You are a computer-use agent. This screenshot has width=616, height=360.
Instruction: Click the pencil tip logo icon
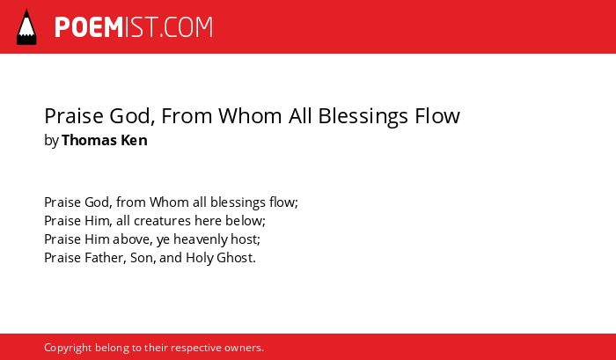click(x=26, y=27)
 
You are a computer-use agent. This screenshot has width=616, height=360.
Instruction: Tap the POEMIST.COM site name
click(x=134, y=27)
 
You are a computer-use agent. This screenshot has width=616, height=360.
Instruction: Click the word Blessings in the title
click(x=363, y=117)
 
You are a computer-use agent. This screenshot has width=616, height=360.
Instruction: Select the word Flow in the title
click(x=437, y=116)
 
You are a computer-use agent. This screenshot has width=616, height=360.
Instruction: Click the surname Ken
click(x=134, y=140)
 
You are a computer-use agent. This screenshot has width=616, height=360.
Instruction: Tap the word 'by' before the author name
click(x=51, y=141)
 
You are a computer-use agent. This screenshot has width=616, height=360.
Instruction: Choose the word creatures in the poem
click(x=162, y=221)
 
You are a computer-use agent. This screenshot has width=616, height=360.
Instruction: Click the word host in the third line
click(x=246, y=239)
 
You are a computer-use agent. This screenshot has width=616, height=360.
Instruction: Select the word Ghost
click(x=236, y=258)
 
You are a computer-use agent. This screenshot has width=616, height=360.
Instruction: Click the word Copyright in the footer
click(x=68, y=349)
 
